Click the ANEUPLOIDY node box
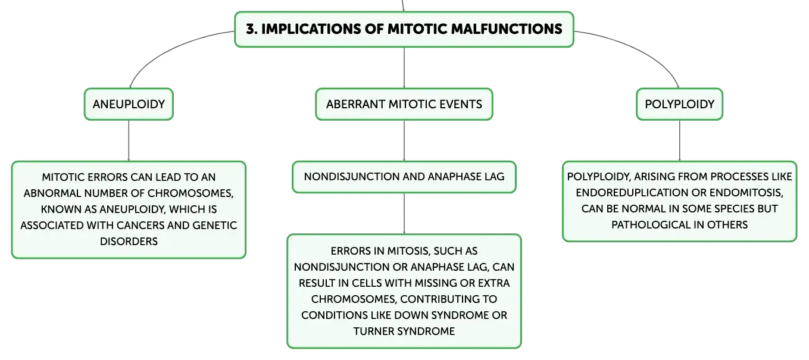(x=129, y=104)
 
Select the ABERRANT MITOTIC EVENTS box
(x=404, y=104)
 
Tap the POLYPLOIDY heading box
(x=679, y=104)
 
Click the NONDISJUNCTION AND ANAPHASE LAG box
(x=404, y=177)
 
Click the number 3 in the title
(x=251, y=29)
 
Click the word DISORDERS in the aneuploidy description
(x=129, y=241)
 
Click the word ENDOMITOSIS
(x=746, y=193)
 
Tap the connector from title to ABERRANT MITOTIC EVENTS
(x=404, y=67)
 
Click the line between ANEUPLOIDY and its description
(x=129, y=140)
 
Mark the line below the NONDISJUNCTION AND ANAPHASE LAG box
(x=404, y=214)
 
